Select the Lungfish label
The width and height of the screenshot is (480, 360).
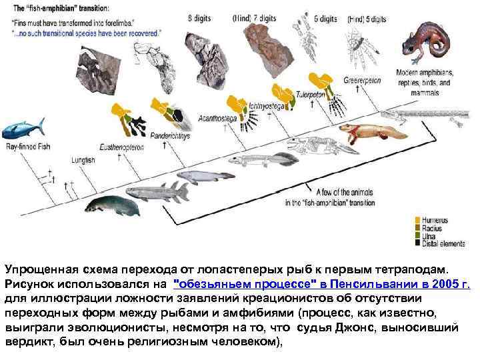tap(83, 161)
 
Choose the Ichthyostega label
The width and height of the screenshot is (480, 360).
tap(265, 105)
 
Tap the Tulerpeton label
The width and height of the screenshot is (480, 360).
tap(310, 94)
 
